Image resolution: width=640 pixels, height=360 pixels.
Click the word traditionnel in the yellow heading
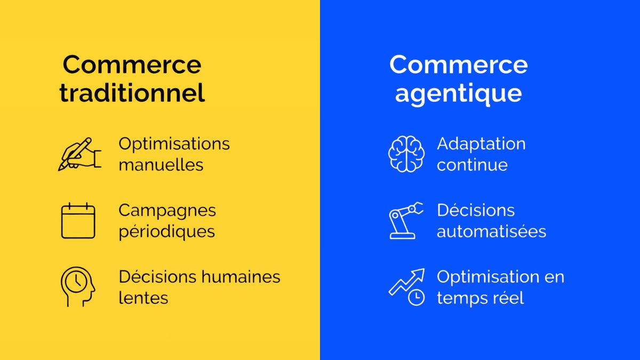(132, 93)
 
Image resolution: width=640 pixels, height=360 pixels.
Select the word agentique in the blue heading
(458, 93)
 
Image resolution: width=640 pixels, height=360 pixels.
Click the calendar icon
(78, 221)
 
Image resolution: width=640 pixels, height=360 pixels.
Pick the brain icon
(406, 154)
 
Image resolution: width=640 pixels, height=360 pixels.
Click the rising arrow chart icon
(406, 283)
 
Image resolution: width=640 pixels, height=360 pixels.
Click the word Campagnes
(167, 210)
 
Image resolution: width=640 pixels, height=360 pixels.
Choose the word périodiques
(166, 232)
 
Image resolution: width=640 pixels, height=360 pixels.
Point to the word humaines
(243, 277)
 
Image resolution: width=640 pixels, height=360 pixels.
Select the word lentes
(143, 298)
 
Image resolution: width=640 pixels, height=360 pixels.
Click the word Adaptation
(481, 144)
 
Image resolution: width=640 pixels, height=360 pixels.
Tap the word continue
(472, 165)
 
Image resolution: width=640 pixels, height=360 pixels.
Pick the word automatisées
(491, 232)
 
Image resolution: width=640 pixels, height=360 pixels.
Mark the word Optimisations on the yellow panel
(174, 144)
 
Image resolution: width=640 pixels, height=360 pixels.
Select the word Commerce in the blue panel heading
(458, 65)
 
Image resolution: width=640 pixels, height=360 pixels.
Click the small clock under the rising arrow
(416, 298)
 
